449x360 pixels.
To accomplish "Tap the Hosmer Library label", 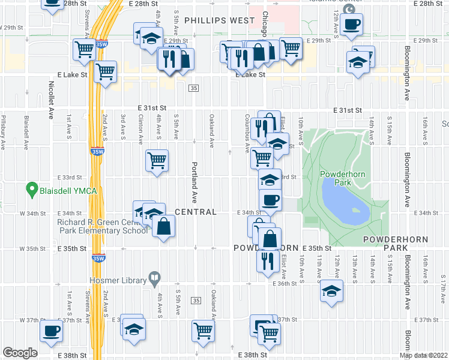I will coord(118,280).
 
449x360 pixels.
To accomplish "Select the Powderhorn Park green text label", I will coord(343,178).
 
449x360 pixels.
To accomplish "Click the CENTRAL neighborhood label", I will coord(196,212).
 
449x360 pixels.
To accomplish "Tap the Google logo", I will coord(20,353).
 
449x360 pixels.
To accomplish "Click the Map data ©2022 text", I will coord(424,355).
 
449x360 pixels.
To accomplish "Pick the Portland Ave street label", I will coord(194,181).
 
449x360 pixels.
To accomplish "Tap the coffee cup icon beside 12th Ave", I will coord(352,24).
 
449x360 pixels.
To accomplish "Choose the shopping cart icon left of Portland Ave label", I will coord(157,160).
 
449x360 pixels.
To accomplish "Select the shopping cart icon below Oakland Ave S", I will coord(203,329).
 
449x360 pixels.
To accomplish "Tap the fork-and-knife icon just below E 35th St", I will coord(267,260).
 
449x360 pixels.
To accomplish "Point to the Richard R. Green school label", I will coord(102,226).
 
